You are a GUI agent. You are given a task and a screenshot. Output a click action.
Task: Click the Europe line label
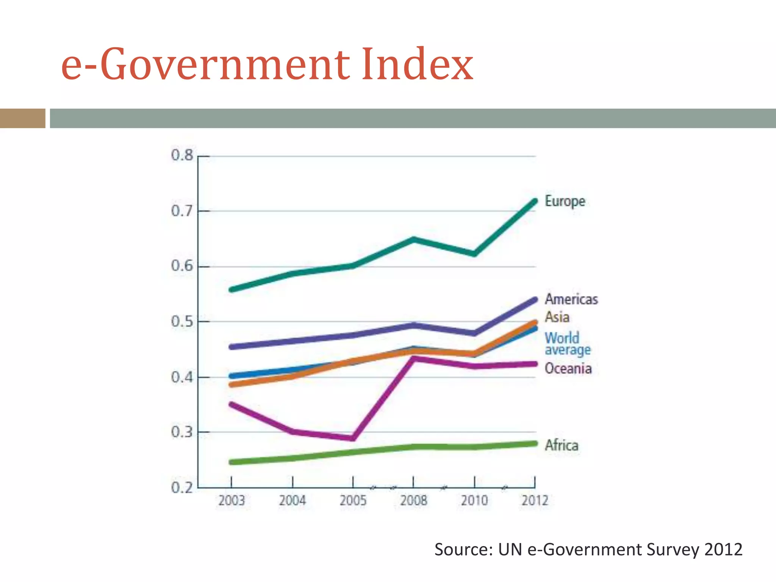(565, 201)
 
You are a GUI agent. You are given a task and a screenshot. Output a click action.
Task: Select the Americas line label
(571, 299)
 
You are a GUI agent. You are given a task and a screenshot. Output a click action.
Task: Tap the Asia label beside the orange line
(557, 317)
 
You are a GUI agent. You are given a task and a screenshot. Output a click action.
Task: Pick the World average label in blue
(567, 344)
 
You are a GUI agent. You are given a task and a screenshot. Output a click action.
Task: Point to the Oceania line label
(568, 368)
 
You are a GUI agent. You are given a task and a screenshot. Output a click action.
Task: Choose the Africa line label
(562, 445)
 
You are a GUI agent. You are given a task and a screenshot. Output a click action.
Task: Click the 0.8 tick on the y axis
(182, 155)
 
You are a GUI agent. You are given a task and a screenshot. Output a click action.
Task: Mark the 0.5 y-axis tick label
(182, 321)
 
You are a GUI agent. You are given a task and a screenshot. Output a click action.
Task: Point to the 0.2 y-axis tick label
(182, 488)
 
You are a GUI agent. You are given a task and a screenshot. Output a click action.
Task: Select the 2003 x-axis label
(232, 501)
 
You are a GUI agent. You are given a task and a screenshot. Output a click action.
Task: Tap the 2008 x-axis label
(413, 501)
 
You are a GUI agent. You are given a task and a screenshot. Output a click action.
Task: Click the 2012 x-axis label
(535, 501)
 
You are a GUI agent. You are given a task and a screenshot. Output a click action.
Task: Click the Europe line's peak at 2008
(413, 239)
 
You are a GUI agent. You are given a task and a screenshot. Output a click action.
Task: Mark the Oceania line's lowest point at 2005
(353, 438)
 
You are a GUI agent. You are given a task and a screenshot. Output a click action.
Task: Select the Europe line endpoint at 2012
(535, 201)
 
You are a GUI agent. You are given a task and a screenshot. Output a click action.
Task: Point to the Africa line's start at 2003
(232, 462)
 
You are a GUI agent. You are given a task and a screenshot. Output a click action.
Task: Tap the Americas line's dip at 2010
(474, 333)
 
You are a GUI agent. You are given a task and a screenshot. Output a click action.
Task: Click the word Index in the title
(417, 64)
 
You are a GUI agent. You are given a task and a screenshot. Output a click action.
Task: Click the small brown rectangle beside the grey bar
(22, 118)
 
